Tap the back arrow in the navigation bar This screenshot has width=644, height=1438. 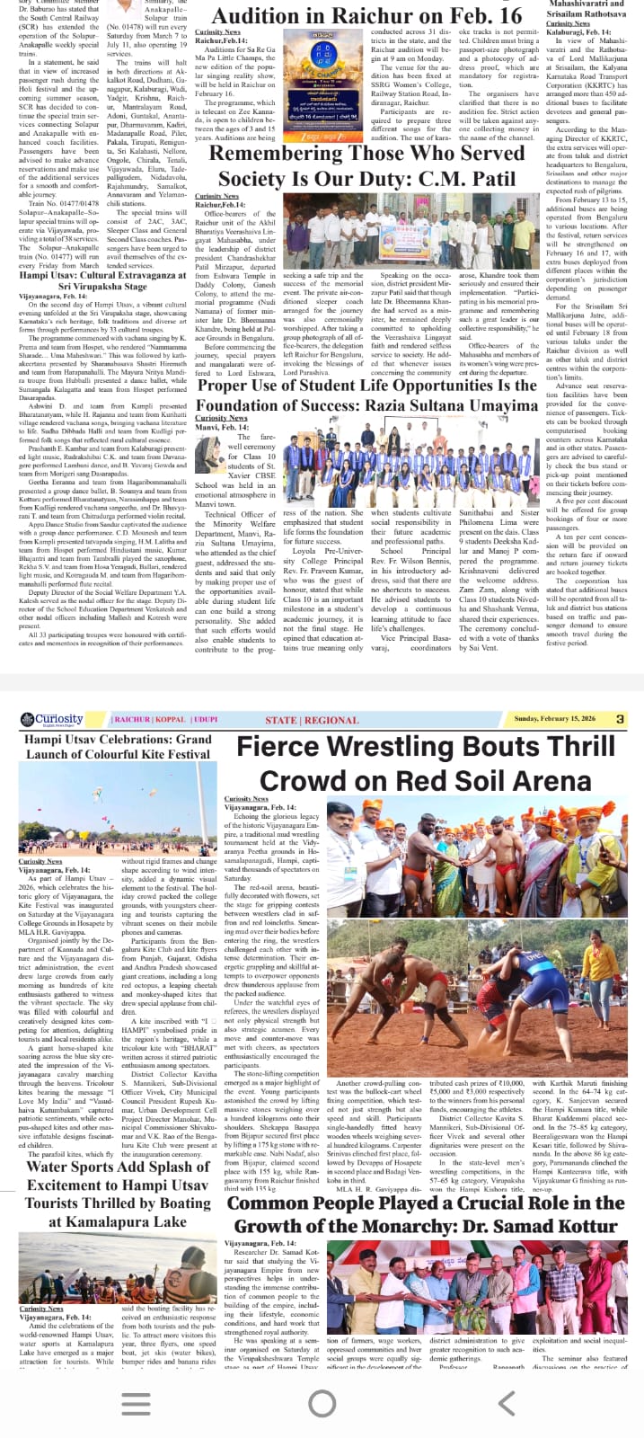point(507,1402)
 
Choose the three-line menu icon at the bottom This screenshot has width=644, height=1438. point(136,1402)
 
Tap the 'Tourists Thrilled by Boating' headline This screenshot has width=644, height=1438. point(118,1203)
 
